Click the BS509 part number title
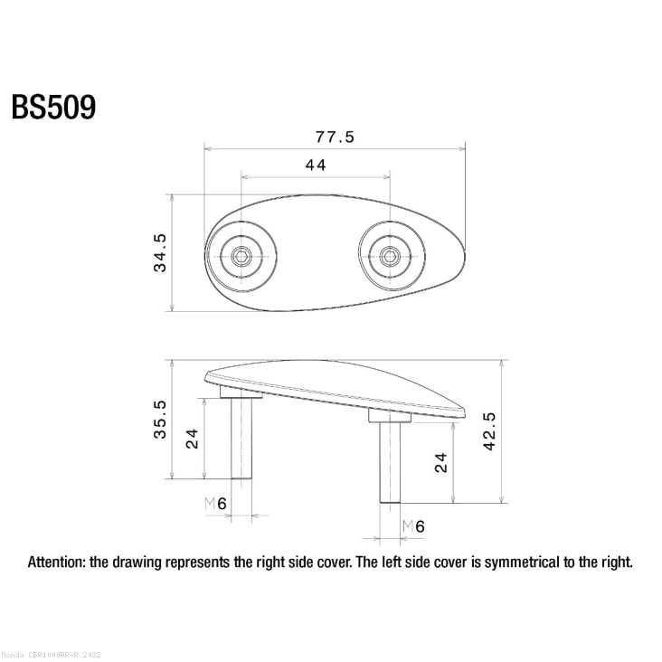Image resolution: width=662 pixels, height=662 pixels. click(53, 108)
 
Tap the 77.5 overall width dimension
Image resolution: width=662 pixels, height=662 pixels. click(335, 137)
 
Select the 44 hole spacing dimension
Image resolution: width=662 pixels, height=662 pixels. click(315, 165)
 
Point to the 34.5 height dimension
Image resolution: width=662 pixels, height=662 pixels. click(159, 253)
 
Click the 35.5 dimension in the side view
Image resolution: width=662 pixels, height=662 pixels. click(159, 420)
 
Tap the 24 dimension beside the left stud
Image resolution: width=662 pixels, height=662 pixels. click(193, 439)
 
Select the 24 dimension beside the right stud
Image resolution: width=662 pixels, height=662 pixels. click(441, 463)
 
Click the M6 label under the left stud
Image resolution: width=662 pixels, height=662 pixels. click(215, 504)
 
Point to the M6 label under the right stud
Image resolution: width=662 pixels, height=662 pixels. click(413, 525)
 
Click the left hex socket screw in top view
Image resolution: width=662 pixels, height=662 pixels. click(241, 258)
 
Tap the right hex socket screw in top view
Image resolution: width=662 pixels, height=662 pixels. click(389, 258)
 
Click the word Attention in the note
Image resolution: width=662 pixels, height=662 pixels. click(57, 562)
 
